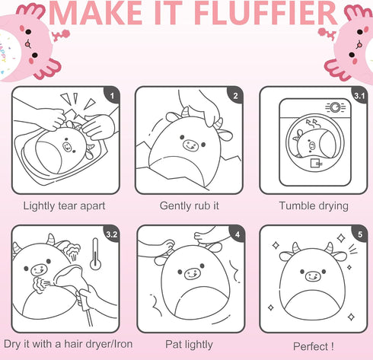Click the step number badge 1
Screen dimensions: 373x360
[112, 95]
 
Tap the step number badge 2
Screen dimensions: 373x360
[235, 95]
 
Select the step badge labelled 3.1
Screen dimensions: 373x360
[359, 95]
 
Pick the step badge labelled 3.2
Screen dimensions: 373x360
[112, 234]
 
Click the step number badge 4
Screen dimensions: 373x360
[238, 234]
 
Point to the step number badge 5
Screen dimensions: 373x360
[360, 234]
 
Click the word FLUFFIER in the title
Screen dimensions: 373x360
[266, 14]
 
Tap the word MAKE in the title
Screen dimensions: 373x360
[95, 14]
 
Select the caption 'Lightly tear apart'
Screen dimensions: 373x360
[64, 206]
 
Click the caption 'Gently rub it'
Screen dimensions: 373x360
[189, 205]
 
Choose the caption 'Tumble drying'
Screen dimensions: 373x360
[314, 206]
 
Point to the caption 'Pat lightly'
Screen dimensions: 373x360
[189, 345]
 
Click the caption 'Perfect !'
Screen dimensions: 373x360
[314, 346]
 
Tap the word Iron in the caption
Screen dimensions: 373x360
[123, 344]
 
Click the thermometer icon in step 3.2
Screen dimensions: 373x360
[95, 253]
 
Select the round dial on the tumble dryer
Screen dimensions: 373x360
[335, 107]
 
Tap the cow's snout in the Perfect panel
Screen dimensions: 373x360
[314, 276]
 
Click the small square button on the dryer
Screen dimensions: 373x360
[316, 163]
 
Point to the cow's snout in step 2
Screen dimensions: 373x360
[190, 145]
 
